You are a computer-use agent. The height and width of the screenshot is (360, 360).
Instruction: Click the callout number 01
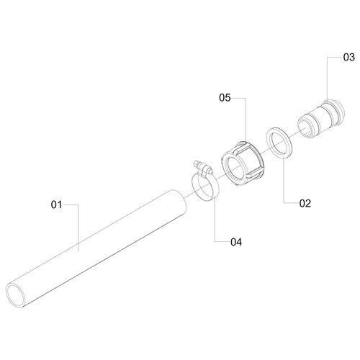click(56, 204)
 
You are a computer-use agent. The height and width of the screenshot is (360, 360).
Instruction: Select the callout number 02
click(305, 203)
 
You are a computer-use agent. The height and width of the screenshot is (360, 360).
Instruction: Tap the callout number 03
click(349, 58)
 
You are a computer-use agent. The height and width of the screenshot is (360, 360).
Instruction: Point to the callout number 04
click(236, 242)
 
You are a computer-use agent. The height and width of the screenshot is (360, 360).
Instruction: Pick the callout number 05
click(225, 98)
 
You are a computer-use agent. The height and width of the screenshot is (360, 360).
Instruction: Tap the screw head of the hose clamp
click(197, 163)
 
